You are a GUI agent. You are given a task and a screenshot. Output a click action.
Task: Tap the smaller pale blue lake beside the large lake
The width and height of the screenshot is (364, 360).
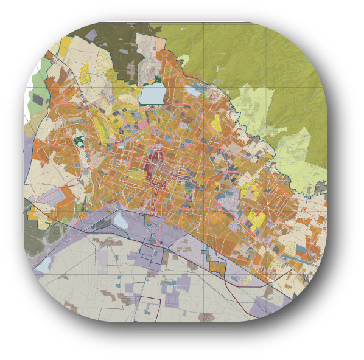[x=194, y=92]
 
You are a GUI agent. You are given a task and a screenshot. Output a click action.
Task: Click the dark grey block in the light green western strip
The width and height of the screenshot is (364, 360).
[x=38, y=99]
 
